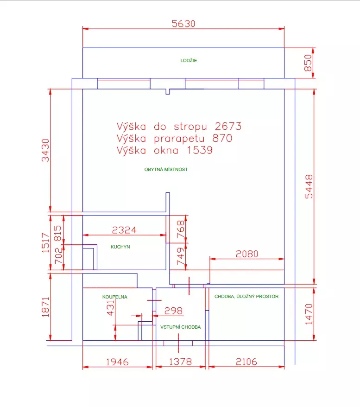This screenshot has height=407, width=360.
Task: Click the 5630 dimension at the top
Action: (183, 24)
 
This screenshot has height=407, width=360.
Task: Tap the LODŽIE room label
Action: (189, 61)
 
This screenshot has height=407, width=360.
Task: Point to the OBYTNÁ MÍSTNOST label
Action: (166, 170)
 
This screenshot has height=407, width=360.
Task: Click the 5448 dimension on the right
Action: (309, 186)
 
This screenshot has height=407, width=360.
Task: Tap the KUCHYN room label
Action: (120, 247)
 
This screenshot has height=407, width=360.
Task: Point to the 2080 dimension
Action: (247, 254)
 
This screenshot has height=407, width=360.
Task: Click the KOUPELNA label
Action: (114, 297)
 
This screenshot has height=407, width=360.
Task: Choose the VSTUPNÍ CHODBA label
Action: (180, 327)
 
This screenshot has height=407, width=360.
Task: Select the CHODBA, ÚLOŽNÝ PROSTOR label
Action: (246, 297)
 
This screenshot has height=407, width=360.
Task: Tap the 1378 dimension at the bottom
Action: (180, 362)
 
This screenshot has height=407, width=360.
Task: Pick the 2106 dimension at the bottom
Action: (246, 362)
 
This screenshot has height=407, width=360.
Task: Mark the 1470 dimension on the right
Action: (309, 314)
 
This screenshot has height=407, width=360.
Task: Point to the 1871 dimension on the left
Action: (45, 306)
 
